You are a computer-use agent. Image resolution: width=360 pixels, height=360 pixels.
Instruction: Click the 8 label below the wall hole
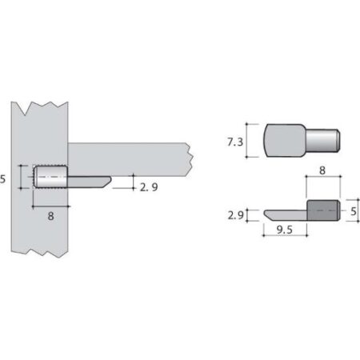tap(50, 215)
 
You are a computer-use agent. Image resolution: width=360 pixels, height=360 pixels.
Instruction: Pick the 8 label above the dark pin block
tap(322, 170)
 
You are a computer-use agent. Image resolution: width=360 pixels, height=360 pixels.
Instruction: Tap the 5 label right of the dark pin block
tap(353, 212)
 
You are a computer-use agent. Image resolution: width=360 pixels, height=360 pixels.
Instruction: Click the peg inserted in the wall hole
tap(50, 176)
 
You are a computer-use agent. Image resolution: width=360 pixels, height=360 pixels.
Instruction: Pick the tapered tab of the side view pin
tap(285, 215)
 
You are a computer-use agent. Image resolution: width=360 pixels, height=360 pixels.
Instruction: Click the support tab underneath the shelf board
tap(88, 179)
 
